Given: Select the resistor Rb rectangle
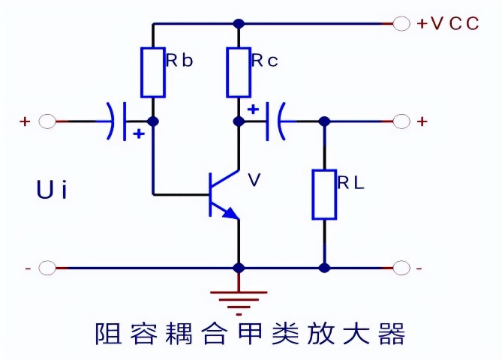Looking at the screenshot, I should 153,73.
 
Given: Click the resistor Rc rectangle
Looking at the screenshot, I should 239,73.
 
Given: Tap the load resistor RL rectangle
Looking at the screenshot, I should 324,194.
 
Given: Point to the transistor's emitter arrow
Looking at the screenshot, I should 231,214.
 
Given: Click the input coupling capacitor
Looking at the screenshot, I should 116,121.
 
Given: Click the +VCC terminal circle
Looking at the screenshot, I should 401,24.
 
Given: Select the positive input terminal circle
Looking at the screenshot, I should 47,121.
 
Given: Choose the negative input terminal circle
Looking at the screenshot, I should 47,268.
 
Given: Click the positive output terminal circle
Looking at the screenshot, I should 401,121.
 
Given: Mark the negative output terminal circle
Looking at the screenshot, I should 401,268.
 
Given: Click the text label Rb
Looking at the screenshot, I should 180,61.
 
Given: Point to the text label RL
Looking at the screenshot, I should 351,183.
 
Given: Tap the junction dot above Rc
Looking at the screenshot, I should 239,24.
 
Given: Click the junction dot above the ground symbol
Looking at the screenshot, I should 239,268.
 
